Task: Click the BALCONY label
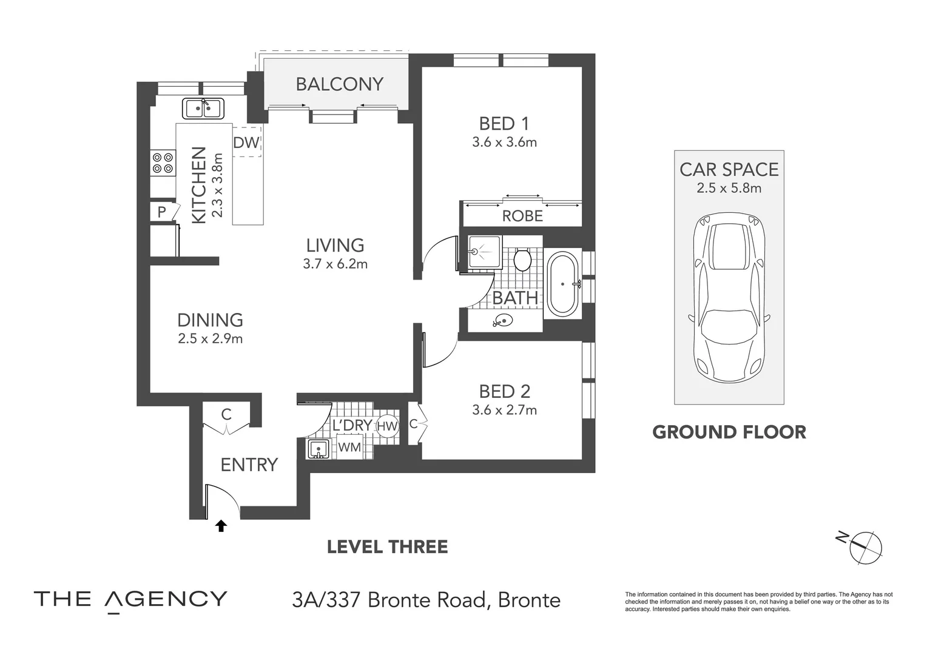click(x=339, y=84)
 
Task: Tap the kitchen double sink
click(x=203, y=109)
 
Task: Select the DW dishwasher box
click(x=246, y=143)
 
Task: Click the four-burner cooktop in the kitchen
click(x=163, y=163)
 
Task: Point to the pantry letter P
click(x=161, y=212)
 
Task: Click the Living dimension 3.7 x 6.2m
click(x=335, y=264)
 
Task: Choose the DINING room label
click(x=210, y=320)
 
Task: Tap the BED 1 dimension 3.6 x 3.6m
click(x=504, y=143)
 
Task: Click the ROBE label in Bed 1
click(x=522, y=216)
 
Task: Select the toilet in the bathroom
click(x=522, y=260)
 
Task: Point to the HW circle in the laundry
click(x=387, y=426)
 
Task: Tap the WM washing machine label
click(x=349, y=447)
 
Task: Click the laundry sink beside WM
click(x=318, y=449)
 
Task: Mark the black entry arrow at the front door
click(x=221, y=526)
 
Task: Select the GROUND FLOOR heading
click(x=729, y=432)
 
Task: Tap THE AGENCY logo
click(x=130, y=599)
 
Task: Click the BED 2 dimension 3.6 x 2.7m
click(x=504, y=410)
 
